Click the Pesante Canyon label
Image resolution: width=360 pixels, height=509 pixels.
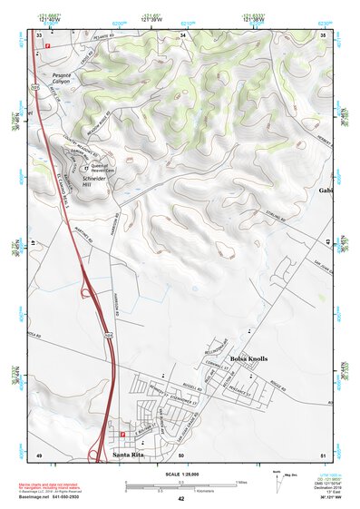point(62,78)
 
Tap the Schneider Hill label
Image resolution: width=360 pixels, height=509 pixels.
point(94,180)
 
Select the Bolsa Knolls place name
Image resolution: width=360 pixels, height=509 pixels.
point(248,360)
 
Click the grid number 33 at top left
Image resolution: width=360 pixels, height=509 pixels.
point(38,34)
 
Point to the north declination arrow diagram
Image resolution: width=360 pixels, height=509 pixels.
point(276,478)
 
